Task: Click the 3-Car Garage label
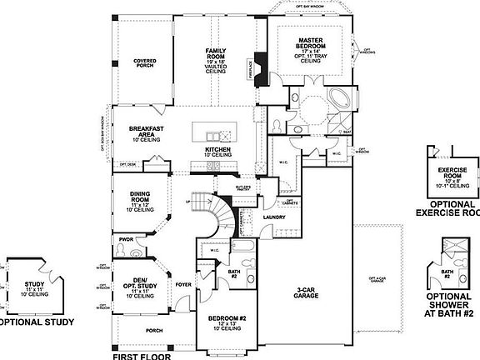tap(309, 293)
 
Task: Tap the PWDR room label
tap(126, 239)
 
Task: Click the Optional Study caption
tap(34, 322)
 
